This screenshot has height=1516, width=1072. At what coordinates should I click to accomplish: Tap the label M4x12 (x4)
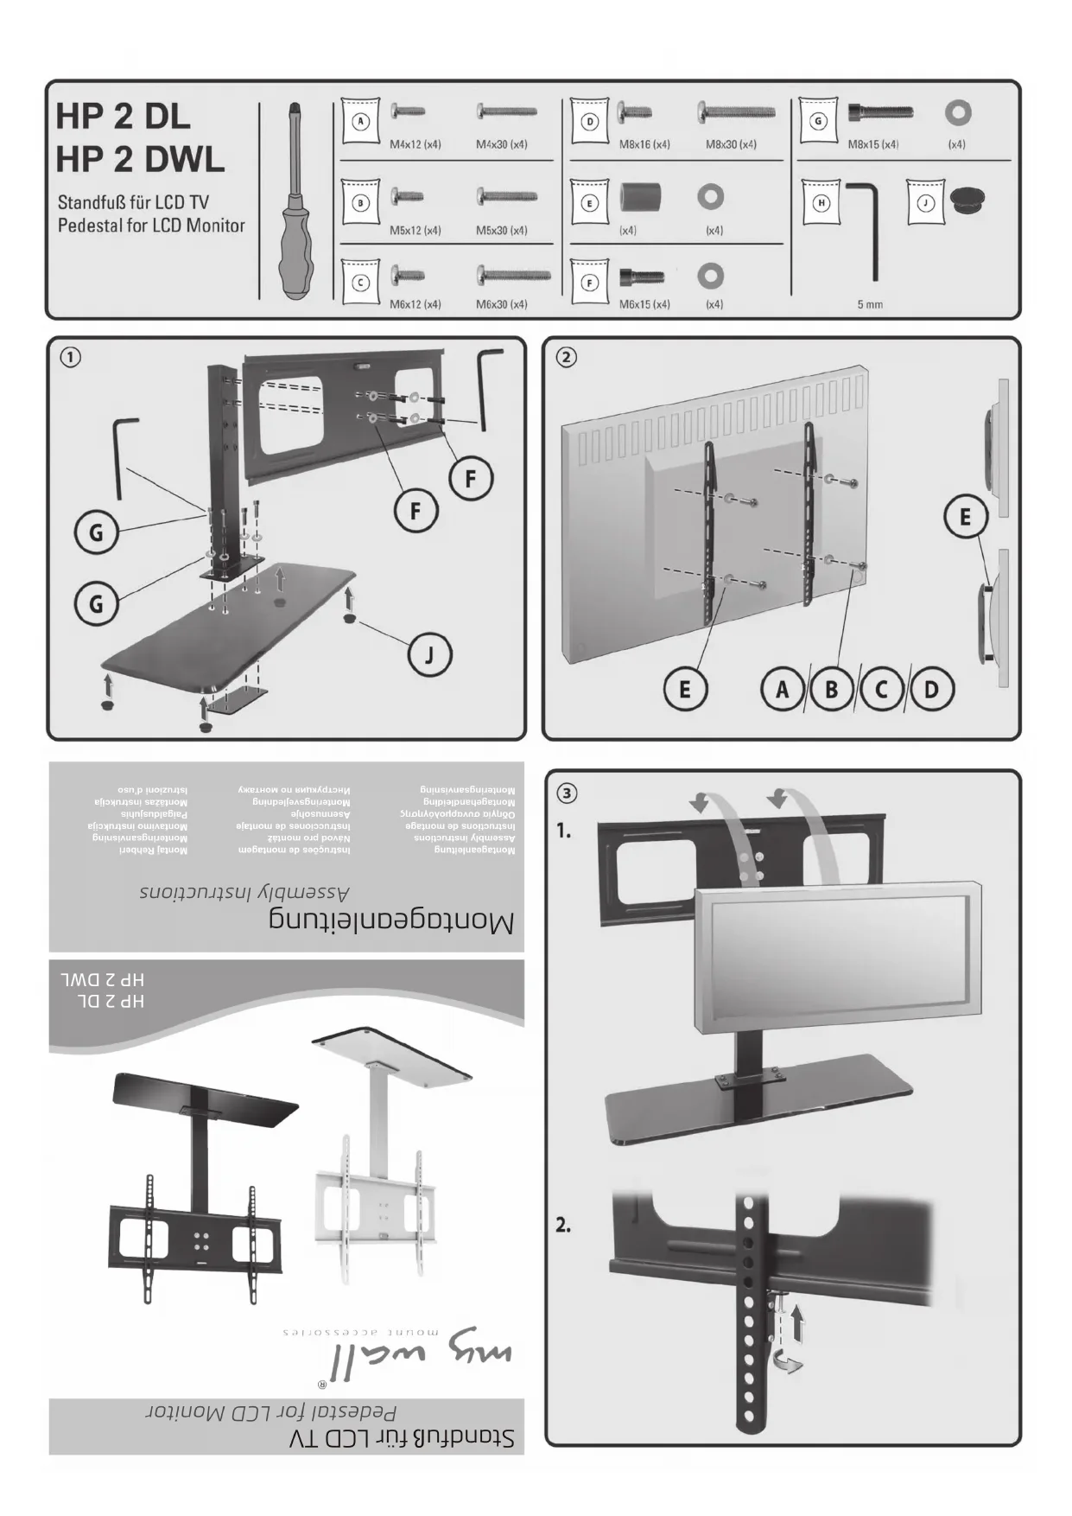point(415,144)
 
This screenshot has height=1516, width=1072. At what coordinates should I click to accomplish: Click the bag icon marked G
point(818,121)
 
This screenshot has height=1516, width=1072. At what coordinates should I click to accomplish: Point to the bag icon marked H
point(821,202)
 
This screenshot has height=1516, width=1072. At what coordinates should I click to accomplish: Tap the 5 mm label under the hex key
point(870,304)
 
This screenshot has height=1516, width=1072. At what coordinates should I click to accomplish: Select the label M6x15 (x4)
point(644,304)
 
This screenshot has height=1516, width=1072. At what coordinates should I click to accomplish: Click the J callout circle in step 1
point(428,654)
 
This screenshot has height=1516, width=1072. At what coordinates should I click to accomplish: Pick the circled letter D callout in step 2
point(930,689)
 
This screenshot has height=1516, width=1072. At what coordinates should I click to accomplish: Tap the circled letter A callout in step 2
point(783,689)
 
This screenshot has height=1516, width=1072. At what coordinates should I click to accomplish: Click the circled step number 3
point(567,793)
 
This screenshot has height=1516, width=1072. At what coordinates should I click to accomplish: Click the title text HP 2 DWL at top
point(140,158)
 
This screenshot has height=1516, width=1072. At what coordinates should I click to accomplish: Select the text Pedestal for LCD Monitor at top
point(151,226)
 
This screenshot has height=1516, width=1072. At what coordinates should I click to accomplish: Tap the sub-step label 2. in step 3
point(563,1225)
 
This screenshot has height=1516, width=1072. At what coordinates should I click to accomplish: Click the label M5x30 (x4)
point(501,231)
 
